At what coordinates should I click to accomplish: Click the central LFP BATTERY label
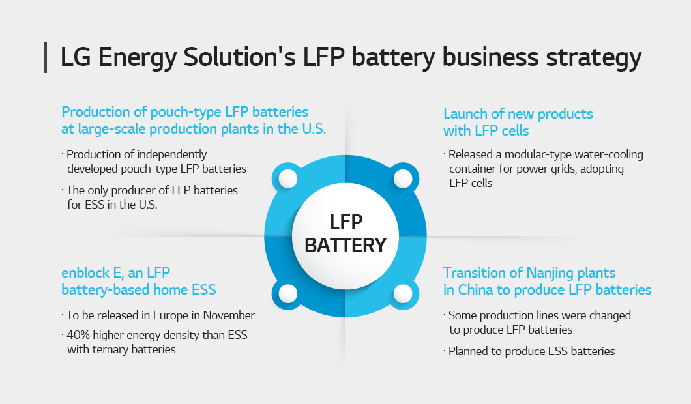click(345, 234)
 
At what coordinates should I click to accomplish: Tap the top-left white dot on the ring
click(288, 179)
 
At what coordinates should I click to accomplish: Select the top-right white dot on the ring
click(403, 179)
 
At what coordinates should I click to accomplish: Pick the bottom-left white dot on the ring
click(288, 293)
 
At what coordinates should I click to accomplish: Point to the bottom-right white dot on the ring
click(403, 293)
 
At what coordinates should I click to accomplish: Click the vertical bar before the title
click(46, 57)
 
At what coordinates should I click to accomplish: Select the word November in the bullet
click(228, 315)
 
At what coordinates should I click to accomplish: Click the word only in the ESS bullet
click(101, 190)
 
